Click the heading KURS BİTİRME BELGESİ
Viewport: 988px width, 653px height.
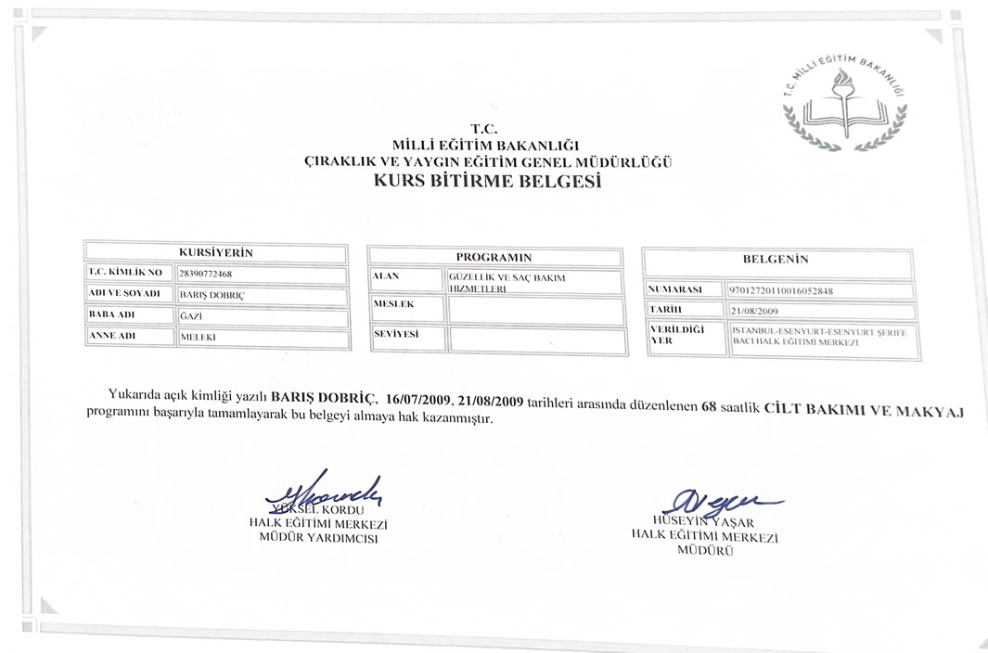click(x=487, y=182)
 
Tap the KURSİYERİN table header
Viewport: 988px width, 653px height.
click(x=215, y=252)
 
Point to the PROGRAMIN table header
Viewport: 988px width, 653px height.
click(x=494, y=257)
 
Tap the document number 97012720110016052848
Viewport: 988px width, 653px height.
click(x=782, y=290)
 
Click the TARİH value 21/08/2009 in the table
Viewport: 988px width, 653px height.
click(x=755, y=312)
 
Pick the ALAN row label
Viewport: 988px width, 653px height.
click(x=386, y=276)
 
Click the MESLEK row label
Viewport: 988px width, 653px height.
click(x=393, y=303)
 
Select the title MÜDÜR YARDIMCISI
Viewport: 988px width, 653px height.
click(x=318, y=538)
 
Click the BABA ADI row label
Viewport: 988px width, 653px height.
click(x=112, y=315)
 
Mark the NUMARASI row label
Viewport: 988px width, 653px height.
click(x=674, y=289)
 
